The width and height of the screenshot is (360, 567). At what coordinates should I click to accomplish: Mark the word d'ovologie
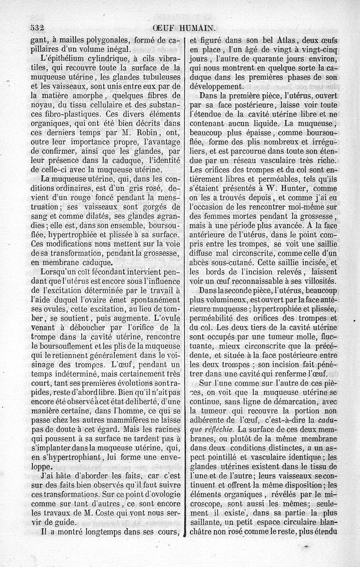pos(155,492)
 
